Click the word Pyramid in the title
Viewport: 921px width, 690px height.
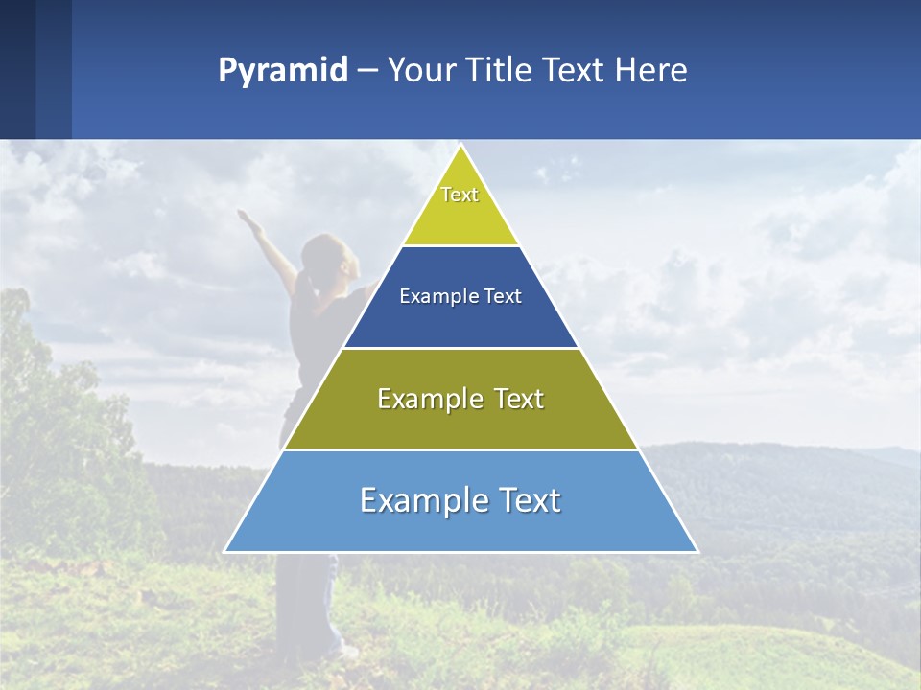[x=282, y=71]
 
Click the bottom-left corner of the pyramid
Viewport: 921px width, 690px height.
[x=225, y=551]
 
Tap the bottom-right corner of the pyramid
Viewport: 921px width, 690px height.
[x=697, y=551]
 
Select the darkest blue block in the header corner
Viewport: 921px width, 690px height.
[x=17, y=69]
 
